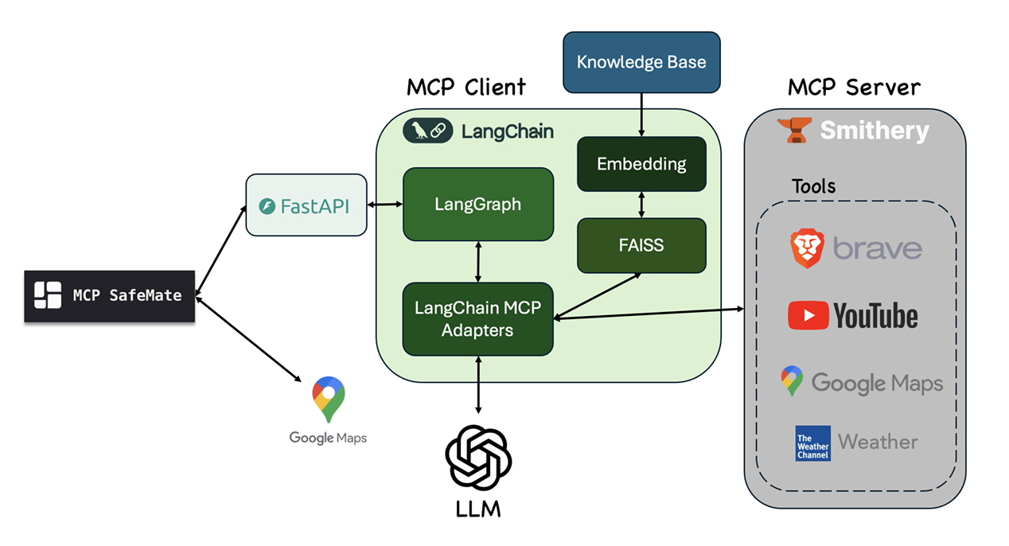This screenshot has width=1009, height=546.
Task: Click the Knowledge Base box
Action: click(641, 62)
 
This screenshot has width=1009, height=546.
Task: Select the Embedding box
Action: click(641, 164)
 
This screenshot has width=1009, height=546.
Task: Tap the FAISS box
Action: click(641, 245)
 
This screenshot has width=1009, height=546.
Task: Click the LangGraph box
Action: click(477, 204)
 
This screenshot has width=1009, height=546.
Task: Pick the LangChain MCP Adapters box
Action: click(477, 318)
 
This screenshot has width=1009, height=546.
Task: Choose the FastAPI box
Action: click(306, 205)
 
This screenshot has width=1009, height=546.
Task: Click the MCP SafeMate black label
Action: click(110, 295)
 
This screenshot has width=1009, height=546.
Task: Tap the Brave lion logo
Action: click(807, 248)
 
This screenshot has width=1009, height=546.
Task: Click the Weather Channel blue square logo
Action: click(812, 443)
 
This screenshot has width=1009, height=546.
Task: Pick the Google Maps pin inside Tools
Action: click(792, 381)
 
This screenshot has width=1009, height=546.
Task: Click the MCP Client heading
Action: click(466, 88)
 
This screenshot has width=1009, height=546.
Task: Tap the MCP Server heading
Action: click(854, 88)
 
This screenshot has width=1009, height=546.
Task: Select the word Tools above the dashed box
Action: click(813, 186)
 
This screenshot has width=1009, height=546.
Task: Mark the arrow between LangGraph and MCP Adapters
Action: click(477, 261)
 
